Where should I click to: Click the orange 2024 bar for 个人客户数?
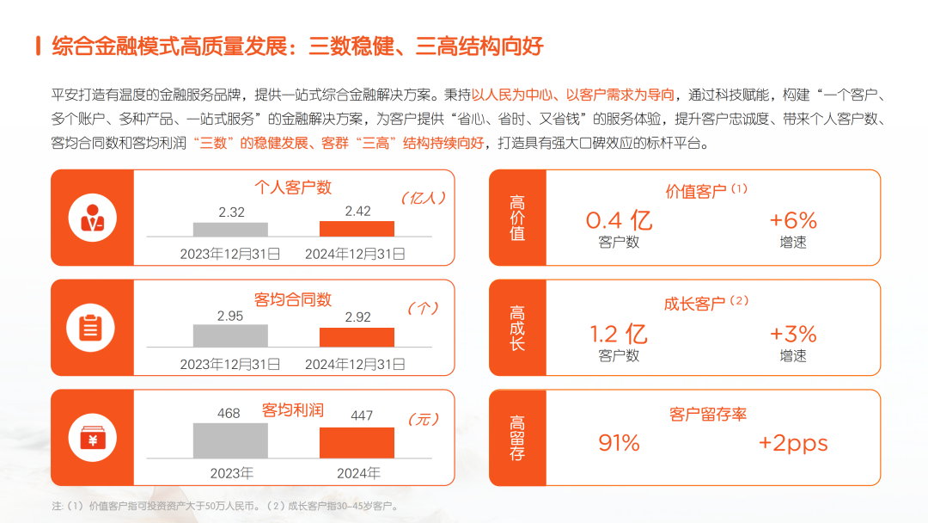[x=357, y=229]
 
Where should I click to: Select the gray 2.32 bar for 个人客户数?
[x=230, y=230]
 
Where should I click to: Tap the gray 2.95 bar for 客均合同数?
[x=230, y=335]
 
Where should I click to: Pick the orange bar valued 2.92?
[x=357, y=337]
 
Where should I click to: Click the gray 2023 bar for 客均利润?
[x=230, y=441]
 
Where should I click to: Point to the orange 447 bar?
[x=357, y=443]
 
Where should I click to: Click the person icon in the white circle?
[x=92, y=218]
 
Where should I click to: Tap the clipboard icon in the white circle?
[x=92, y=328]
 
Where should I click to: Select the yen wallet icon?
[x=92, y=439]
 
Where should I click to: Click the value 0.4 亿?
[x=619, y=220]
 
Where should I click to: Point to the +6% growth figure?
[x=792, y=220]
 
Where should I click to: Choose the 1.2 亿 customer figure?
[x=619, y=334]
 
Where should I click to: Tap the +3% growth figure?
[x=792, y=334]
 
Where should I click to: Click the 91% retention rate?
[x=619, y=443]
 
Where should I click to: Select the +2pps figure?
[x=792, y=443]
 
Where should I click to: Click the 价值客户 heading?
[x=696, y=191]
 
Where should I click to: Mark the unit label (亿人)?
[x=424, y=198]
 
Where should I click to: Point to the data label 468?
[x=229, y=413]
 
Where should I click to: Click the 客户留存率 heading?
[x=707, y=414]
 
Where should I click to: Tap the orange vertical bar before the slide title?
[x=38, y=46]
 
